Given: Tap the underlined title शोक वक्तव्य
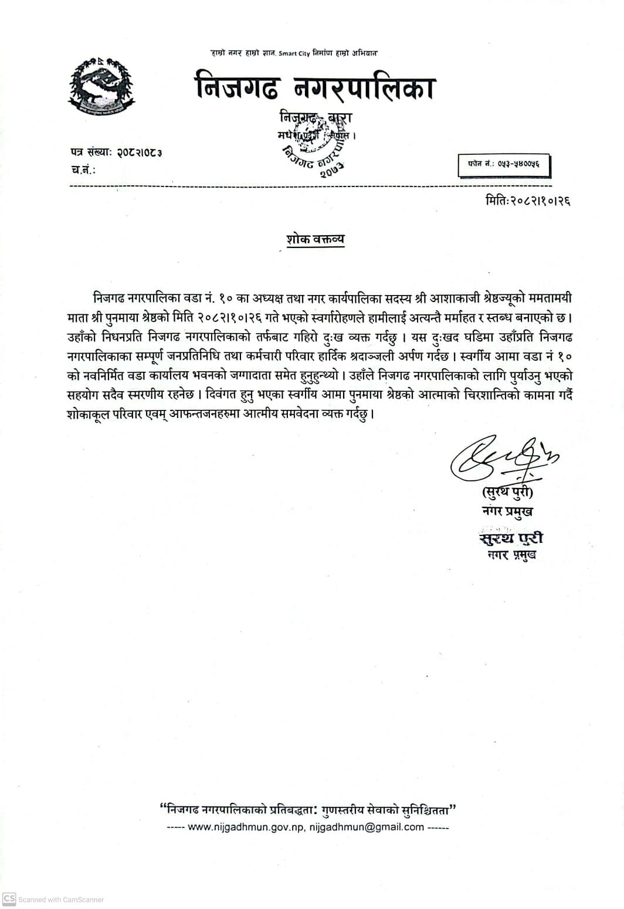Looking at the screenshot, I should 315,239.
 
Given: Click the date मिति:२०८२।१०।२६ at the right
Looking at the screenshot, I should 528,201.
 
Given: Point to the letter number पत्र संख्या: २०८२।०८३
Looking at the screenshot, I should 115,152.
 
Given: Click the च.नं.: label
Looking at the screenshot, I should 82,170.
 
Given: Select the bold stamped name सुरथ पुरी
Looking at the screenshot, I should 510,538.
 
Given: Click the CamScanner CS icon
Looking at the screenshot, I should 9,899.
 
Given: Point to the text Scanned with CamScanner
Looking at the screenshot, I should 61,900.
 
